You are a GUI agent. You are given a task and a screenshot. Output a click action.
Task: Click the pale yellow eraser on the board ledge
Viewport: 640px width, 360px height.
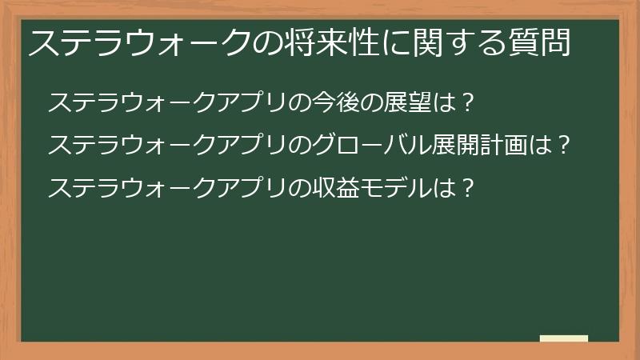point(563,338)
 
